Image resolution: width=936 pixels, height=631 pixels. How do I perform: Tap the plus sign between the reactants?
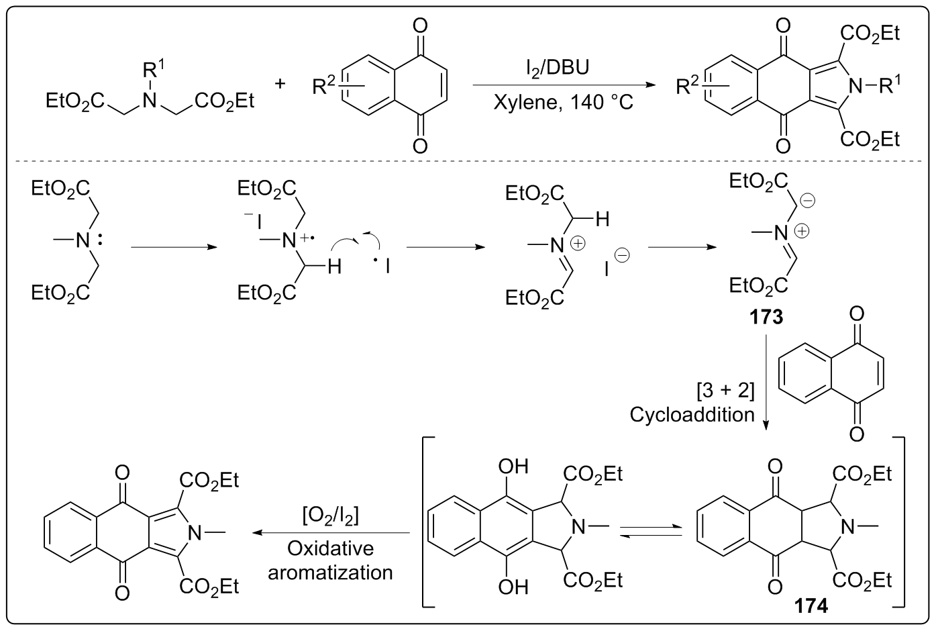(x=280, y=83)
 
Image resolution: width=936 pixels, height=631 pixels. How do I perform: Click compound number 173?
(x=766, y=316)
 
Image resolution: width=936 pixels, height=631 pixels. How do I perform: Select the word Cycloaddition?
(x=692, y=415)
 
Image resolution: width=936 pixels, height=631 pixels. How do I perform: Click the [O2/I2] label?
(x=330, y=516)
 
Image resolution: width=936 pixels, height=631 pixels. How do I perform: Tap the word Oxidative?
(x=330, y=548)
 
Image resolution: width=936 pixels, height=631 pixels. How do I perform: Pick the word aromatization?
(x=330, y=572)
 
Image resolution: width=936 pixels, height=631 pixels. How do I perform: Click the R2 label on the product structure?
(x=688, y=86)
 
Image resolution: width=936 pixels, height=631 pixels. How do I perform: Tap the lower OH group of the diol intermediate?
(x=513, y=587)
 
